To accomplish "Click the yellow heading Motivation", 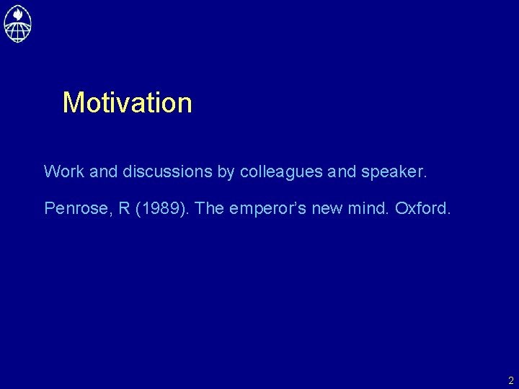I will coord(128,103).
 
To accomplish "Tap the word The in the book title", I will coord(210,209).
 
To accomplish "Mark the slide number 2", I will coord(510,380).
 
